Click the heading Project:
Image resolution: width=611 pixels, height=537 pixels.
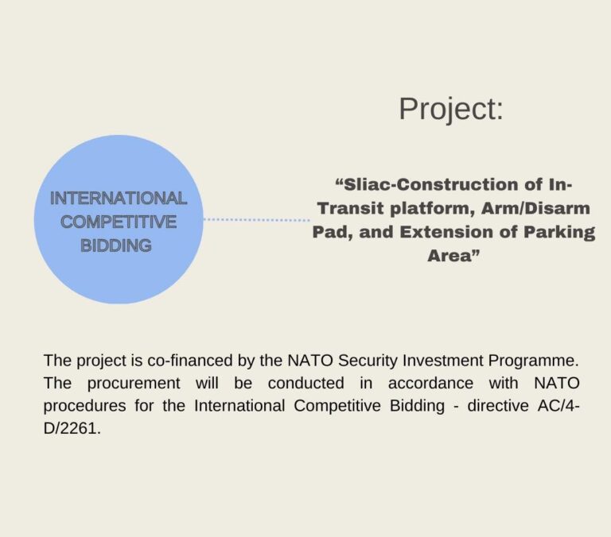(x=451, y=110)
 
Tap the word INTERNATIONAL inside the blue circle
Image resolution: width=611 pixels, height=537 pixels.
(x=119, y=199)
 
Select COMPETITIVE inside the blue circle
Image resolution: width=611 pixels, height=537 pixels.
(x=119, y=222)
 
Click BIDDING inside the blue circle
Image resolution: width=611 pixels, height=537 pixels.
(x=116, y=246)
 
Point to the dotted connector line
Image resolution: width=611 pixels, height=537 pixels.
(x=257, y=220)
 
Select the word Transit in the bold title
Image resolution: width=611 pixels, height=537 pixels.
(x=352, y=209)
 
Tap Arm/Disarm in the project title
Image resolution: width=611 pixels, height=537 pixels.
(x=535, y=209)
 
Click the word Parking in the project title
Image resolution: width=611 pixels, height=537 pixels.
(x=558, y=233)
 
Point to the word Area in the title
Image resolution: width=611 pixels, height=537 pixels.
(x=449, y=256)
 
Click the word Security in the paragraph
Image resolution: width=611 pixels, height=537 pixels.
(x=368, y=361)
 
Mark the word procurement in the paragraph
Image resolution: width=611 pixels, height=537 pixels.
(x=134, y=384)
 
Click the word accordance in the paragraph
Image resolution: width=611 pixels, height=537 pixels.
(x=430, y=384)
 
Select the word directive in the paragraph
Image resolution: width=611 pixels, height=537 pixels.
(x=498, y=406)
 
